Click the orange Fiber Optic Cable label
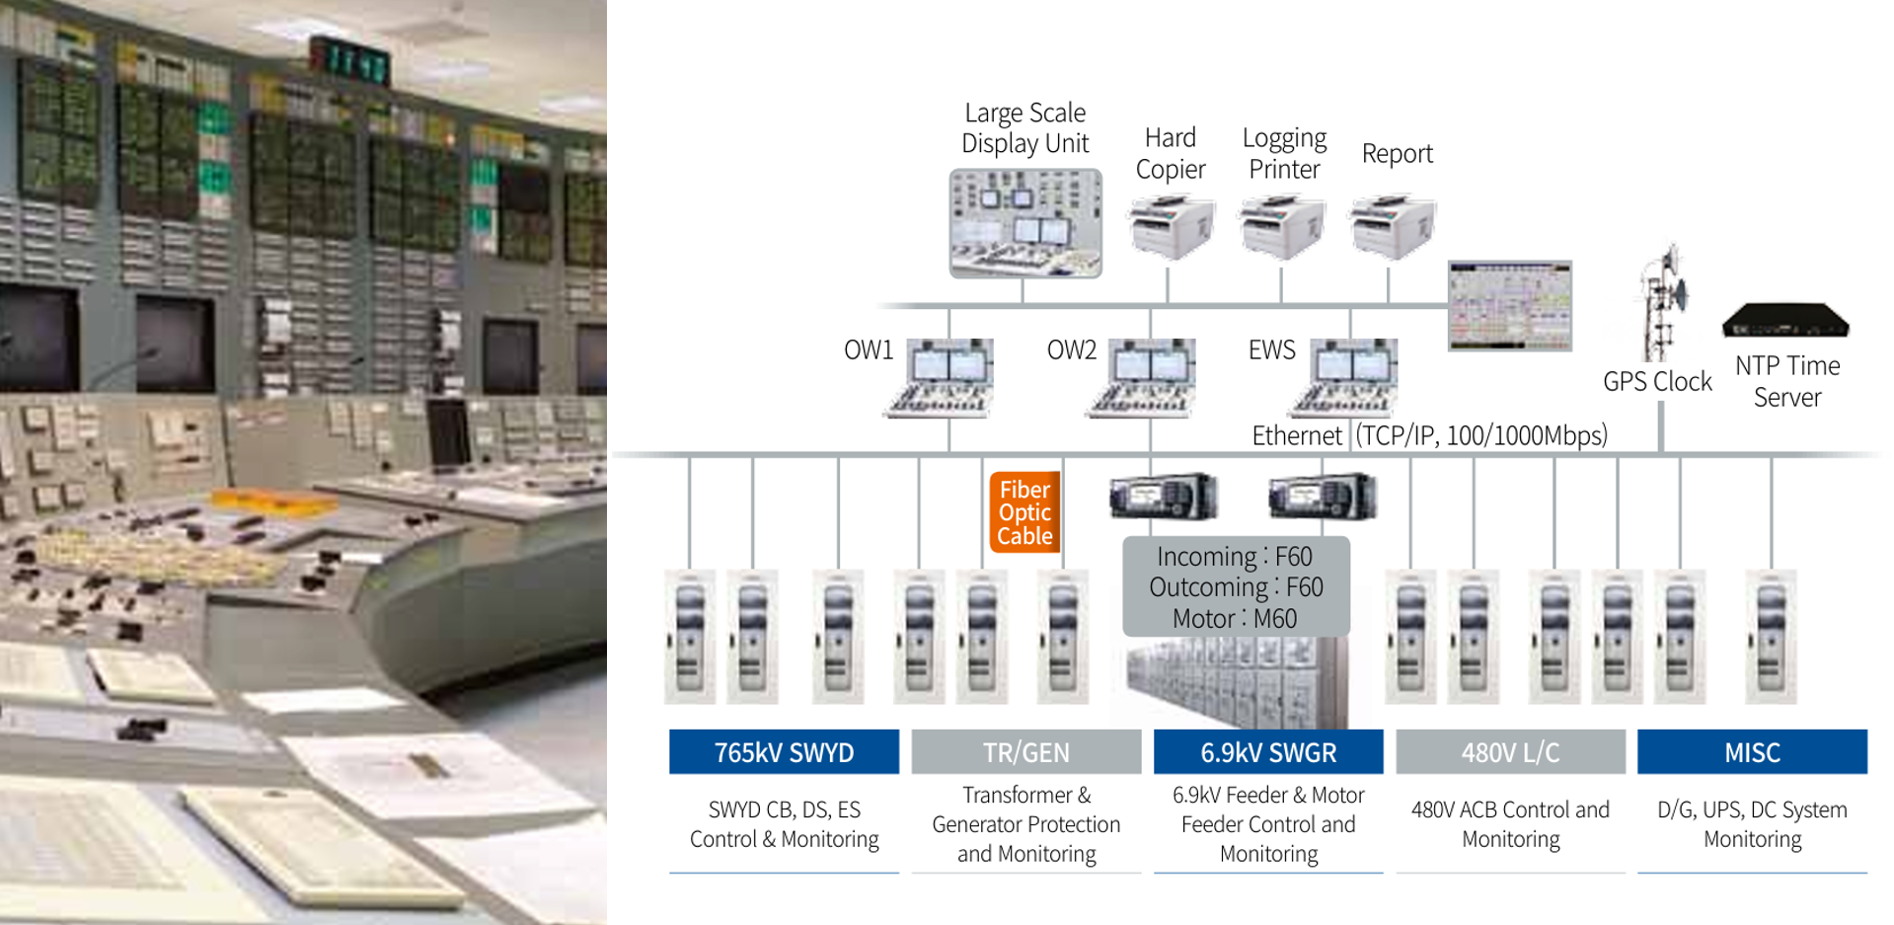coord(1024,512)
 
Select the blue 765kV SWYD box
coord(784,752)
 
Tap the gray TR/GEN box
coord(1025,752)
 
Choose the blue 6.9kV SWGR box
coord(1268,752)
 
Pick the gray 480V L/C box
coord(1510,752)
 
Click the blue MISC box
coord(1752,752)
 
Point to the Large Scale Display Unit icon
coord(1025,223)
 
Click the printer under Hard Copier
coord(1172,227)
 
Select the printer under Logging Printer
coord(1282,227)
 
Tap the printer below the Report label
coord(1393,227)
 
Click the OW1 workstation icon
coord(942,378)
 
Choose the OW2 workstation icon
coord(1144,378)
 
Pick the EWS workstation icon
coord(1346,378)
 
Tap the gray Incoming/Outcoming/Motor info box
coord(1236,587)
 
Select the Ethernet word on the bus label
coord(1296,435)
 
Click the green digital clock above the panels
coord(349,60)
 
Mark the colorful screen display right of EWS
coord(1509,306)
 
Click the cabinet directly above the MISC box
coord(1771,637)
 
